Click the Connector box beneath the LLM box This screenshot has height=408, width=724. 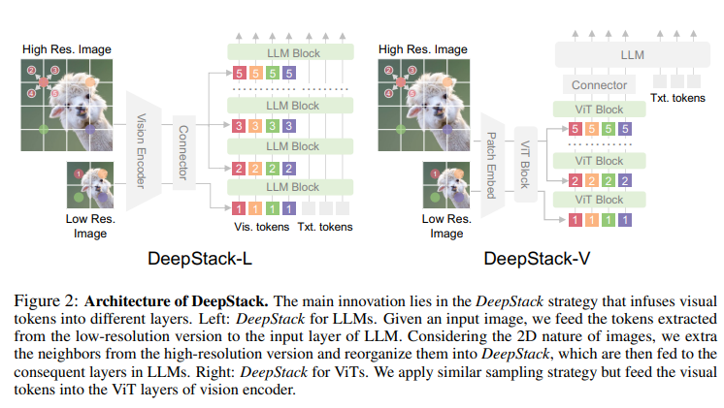pos(598,85)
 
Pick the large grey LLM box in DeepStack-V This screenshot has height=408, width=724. pos(632,57)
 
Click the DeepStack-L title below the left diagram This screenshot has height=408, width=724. pos(199,258)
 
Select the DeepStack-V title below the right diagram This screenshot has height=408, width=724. pos(533,258)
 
